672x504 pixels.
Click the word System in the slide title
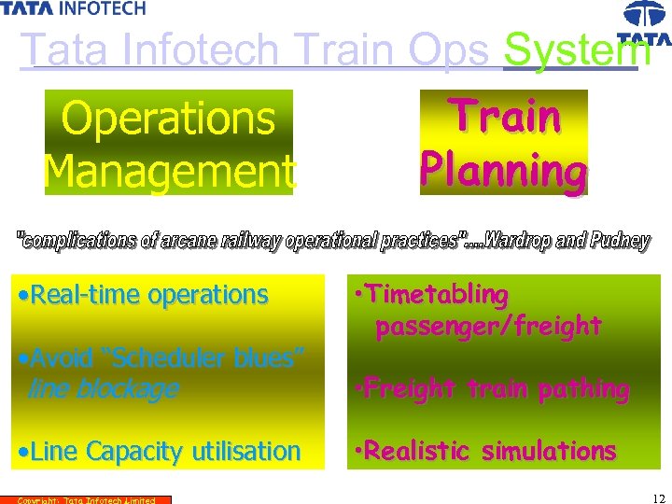[569, 50]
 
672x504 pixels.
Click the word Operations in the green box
[168, 119]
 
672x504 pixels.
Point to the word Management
[169, 170]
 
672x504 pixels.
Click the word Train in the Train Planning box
[504, 117]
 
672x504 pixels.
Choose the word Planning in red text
[504, 170]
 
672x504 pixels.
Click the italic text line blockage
[103, 388]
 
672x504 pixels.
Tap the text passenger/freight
[488, 326]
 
